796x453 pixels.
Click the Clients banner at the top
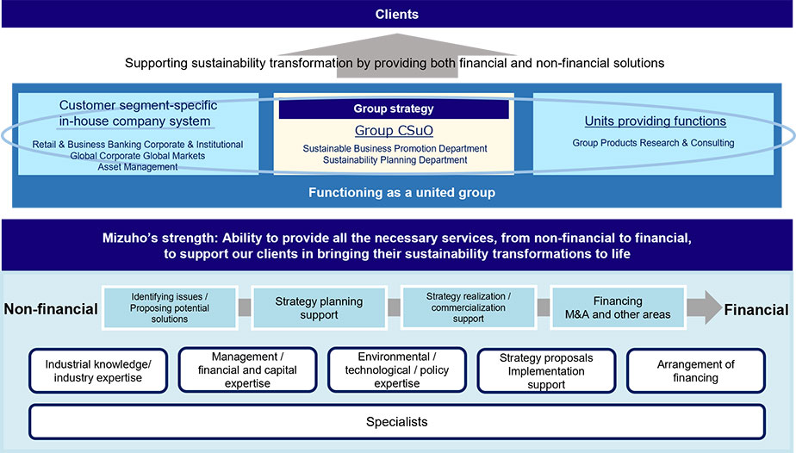click(397, 14)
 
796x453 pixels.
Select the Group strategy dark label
click(394, 109)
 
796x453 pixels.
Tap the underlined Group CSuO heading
click(394, 131)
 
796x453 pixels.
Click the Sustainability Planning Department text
click(395, 160)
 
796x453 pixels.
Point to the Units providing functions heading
click(655, 121)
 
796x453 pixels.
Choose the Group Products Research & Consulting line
click(653, 143)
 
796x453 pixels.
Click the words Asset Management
click(138, 167)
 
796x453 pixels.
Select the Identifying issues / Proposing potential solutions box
click(171, 307)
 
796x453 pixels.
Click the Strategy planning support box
click(319, 307)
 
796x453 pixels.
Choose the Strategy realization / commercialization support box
click(468, 307)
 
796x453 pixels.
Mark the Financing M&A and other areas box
click(617, 307)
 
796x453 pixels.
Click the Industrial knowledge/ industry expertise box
click(98, 371)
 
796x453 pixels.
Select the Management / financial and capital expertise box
click(247, 370)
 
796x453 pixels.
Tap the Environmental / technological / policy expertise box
click(396, 370)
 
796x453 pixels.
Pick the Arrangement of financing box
click(695, 371)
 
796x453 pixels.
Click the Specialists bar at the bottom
click(396, 422)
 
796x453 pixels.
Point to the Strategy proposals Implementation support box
click(545, 371)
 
